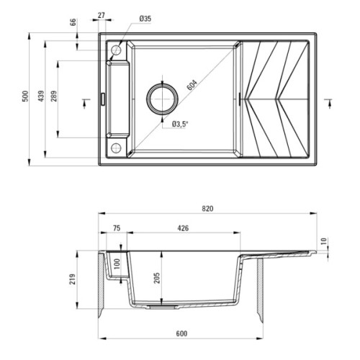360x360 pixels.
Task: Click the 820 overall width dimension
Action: click(207, 208)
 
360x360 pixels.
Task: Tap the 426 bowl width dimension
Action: click(183, 229)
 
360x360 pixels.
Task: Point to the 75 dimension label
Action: click(117, 229)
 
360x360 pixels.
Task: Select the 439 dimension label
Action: click(42, 96)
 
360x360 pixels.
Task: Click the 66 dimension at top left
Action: click(73, 22)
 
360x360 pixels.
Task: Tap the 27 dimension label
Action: click(101, 15)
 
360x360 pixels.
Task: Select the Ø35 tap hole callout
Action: click(145, 18)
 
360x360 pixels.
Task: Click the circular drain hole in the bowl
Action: click(162, 98)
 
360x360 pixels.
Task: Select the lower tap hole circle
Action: click(116, 148)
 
